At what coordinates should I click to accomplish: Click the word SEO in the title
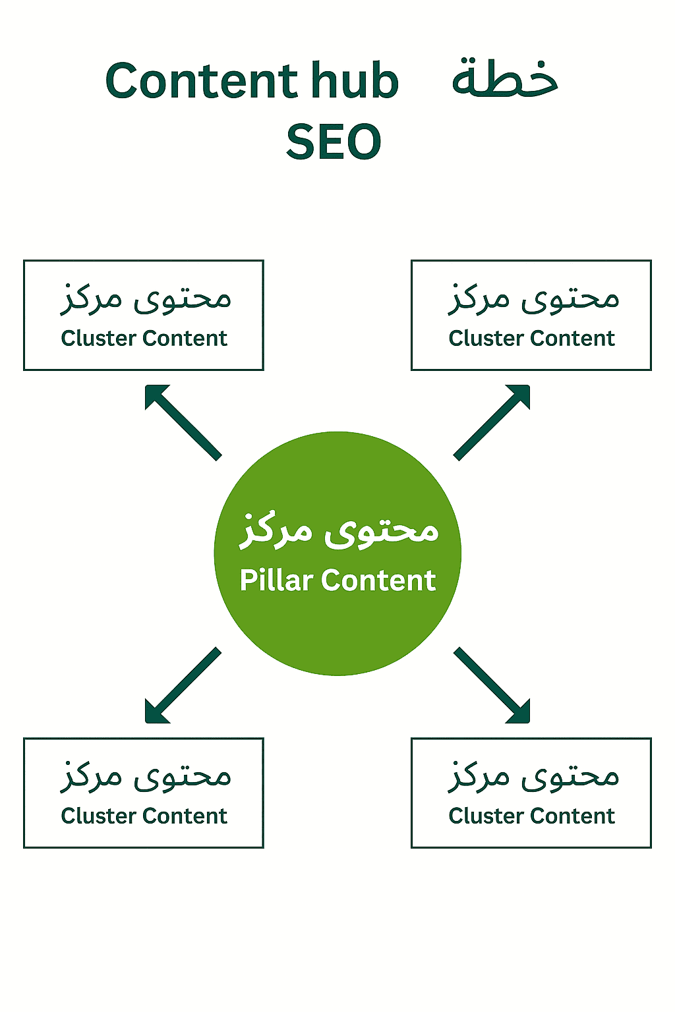click(x=334, y=142)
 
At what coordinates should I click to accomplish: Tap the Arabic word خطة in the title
click(x=505, y=79)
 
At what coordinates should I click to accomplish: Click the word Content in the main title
click(x=202, y=81)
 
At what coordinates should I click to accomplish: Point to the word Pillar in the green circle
click(x=276, y=580)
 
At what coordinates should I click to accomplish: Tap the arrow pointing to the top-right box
click(x=492, y=422)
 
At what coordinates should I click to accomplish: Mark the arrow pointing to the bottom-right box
click(x=492, y=686)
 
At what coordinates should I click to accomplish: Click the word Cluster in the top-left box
click(x=99, y=339)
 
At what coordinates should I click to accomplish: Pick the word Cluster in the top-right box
click(x=486, y=339)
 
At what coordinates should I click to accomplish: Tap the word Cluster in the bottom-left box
click(x=99, y=816)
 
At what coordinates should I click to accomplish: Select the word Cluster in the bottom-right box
click(x=486, y=816)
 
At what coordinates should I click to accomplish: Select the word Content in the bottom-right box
click(x=573, y=816)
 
